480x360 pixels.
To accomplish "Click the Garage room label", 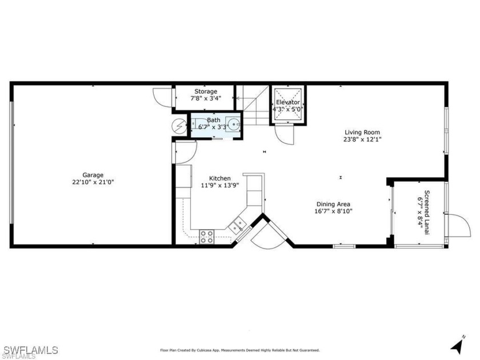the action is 93,175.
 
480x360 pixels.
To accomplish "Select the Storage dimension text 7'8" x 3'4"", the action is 206,98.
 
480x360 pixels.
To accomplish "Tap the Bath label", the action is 213,120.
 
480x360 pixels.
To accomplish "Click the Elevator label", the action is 288,102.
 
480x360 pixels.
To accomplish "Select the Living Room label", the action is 362,132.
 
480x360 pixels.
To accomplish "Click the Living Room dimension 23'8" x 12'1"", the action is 362,139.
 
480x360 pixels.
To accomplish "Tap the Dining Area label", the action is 333,204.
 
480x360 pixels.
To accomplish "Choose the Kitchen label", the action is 220,178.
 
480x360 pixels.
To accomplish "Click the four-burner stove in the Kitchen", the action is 207,237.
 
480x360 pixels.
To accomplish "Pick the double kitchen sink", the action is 237,225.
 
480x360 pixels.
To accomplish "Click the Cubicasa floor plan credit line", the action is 239,350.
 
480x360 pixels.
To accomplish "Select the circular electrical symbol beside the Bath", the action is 179,126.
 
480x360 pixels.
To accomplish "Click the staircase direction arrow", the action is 242,98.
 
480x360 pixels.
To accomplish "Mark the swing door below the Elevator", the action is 285,135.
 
